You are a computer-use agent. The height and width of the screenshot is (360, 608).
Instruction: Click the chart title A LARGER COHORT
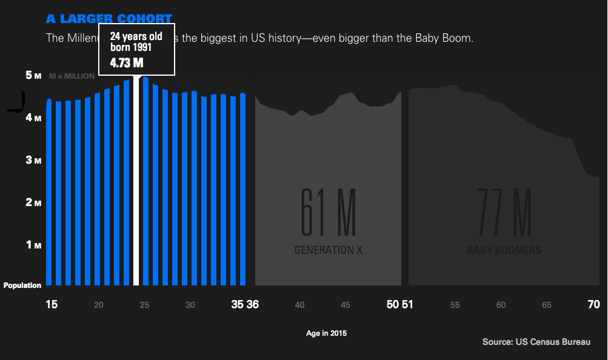click(109, 19)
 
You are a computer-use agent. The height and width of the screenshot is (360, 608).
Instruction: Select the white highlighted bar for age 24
click(136, 182)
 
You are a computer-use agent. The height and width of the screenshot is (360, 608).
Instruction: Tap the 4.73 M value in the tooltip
click(127, 63)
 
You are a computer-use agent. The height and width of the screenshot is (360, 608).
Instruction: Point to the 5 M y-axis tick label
click(33, 75)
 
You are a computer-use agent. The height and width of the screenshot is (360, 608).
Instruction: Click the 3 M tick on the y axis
click(33, 160)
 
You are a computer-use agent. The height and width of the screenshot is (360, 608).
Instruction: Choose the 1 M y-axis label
click(33, 245)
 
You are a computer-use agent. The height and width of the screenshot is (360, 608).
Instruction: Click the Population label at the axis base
click(22, 285)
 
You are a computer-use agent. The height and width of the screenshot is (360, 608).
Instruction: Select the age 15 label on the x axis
click(52, 304)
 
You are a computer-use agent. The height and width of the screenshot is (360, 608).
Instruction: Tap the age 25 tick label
click(144, 305)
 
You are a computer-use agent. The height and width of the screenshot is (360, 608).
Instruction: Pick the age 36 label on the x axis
click(253, 304)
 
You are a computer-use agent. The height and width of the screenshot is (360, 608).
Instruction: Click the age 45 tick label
click(346, 305)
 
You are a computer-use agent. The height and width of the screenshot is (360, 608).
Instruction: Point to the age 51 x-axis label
click(407, 304)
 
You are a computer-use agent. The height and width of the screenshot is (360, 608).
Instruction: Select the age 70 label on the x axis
click(594, 304)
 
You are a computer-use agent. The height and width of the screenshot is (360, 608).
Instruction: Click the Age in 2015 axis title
click(327, 333)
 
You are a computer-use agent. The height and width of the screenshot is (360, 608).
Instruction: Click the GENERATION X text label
click(329, 250)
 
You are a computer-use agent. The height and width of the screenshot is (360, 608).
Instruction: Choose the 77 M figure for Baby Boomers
click(504, 212)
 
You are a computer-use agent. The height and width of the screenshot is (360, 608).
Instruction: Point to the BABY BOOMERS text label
click(504, 250)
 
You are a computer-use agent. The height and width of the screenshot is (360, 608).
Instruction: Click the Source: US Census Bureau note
click(536, 342)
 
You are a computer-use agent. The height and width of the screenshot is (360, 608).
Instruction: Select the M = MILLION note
click(72, 76)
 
